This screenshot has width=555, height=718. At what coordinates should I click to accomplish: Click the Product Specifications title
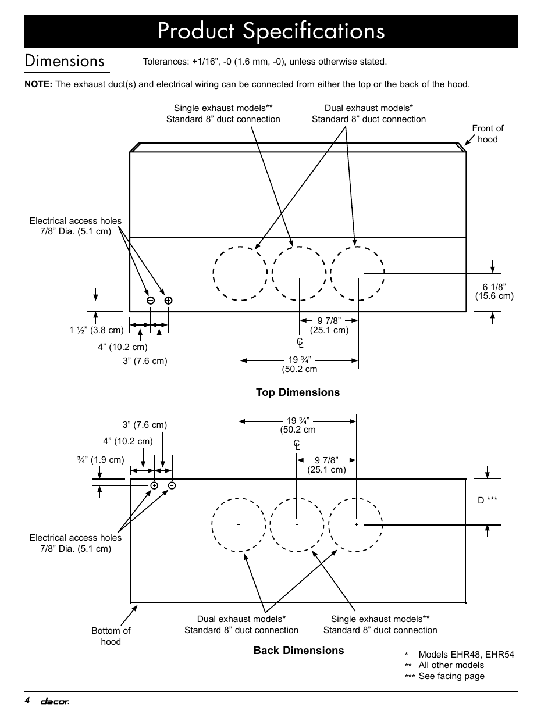tap(271, 31)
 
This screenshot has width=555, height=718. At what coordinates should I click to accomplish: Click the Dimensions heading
tap(65, 61)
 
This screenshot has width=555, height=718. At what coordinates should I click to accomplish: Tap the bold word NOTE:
tap(38, 84)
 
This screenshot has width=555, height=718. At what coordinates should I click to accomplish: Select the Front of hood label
tap(488, 134)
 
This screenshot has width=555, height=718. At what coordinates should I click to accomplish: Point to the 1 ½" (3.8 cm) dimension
tap(97, 330)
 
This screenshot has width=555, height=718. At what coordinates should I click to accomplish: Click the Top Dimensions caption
tap(298, 392)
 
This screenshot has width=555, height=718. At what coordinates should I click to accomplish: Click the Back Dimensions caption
tap(298, 651)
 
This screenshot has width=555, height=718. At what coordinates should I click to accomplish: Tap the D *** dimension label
tap(488, 500)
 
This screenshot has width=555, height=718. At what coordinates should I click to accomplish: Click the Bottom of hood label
tap(111, 636)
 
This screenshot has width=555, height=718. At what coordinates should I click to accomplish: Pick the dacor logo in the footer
tap(54, 702)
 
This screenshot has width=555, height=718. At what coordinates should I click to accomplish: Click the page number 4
tap(27, 701)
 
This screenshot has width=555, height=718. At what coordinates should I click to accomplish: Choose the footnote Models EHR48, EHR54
tap(465, 654)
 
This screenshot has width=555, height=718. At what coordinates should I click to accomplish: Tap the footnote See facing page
tap(451, 676)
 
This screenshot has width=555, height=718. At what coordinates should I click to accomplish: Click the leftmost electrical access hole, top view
tap(150, 301)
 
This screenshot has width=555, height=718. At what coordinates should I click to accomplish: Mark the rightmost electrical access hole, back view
tap(172, 485)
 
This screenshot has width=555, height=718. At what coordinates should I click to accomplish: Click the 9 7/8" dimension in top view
tap(329, 325)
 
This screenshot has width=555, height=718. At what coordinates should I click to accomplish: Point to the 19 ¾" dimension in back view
tap(298, 425)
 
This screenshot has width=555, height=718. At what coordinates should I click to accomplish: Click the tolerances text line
tap(265, 62)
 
